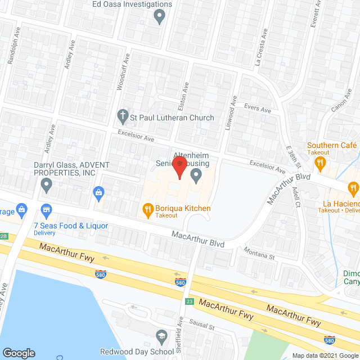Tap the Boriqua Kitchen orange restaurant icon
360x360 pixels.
(x=147, y=210)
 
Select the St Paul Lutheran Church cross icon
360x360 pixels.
(x=122, y=117)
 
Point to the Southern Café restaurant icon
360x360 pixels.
(x=321, y=164)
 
